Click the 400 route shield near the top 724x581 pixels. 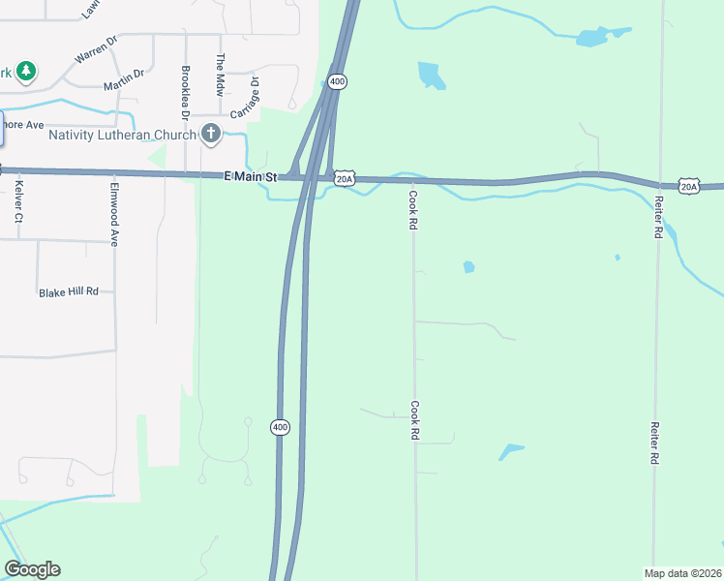click(336, 82)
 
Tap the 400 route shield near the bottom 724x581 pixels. click(280, 427)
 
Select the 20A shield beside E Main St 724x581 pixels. click(346, 178)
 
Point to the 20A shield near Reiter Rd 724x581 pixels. click(688, 186)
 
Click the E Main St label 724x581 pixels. click(250, 176)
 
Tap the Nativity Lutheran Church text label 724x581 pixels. click(122, 134)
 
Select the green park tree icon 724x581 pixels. click(27, 71)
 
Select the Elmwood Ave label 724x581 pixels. click(114, 214)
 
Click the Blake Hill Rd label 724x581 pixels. click(69, 291)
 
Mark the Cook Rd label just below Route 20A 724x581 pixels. click(412, 209)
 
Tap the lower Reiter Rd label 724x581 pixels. click(655, 443)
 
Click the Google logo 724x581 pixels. click(32, 569)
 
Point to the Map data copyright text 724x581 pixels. click(682, 572)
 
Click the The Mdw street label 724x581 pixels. click(220, 73)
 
